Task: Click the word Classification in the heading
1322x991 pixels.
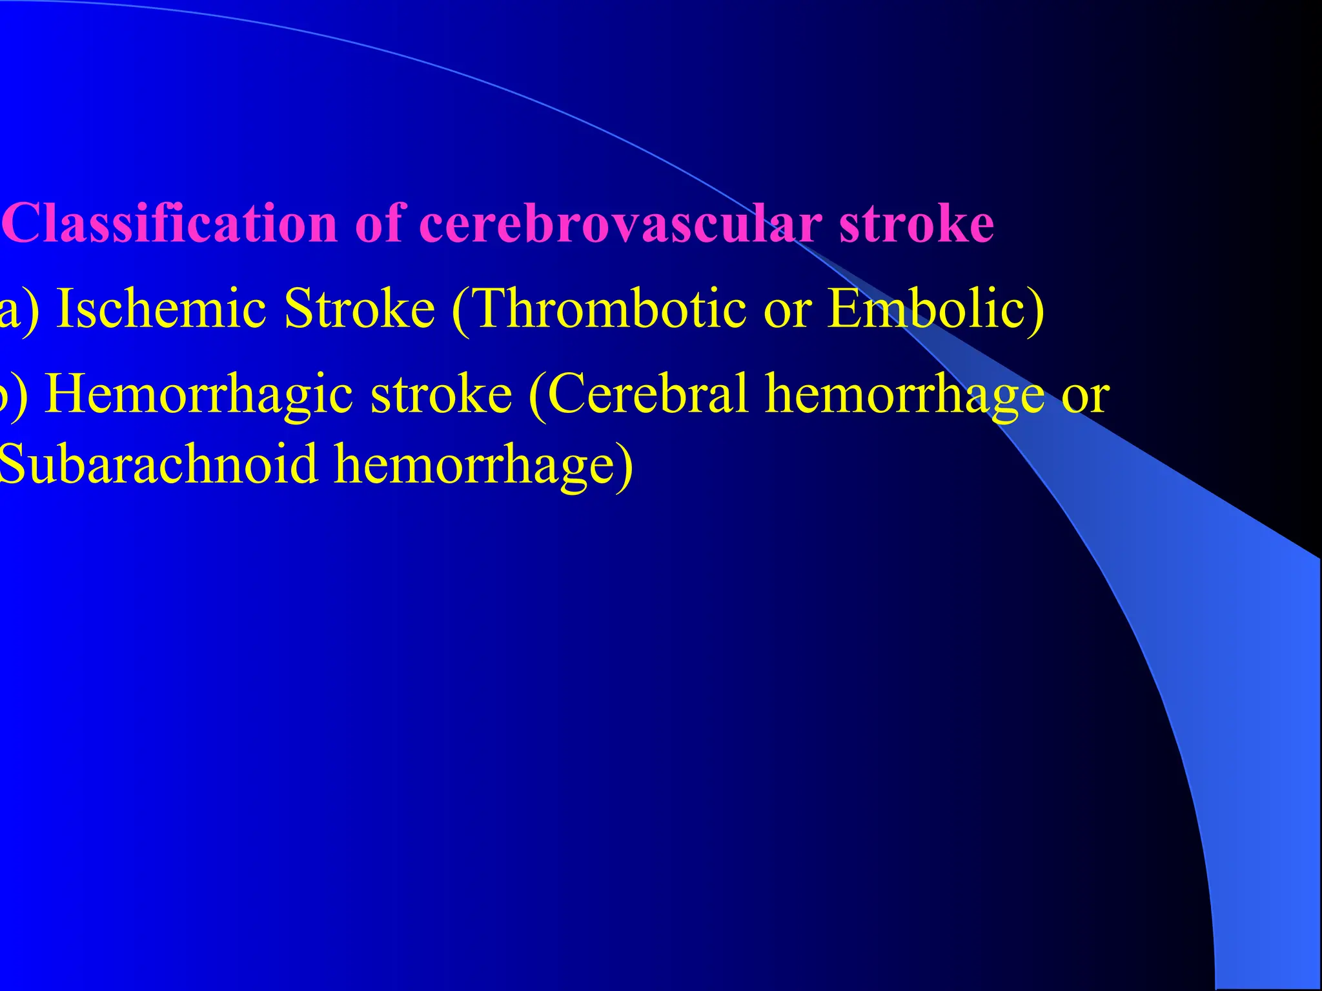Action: click(171, 223)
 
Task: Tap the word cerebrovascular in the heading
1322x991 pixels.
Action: click(621, 223)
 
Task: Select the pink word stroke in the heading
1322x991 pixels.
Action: click(917, 223)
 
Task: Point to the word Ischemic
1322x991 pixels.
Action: click(161, 308)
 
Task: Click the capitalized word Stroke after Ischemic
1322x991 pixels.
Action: click(360, 308)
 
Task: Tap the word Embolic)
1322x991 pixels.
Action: click(936, 308)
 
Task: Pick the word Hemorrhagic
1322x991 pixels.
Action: click(200, 394)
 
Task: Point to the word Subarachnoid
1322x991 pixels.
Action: click(158, 463)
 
